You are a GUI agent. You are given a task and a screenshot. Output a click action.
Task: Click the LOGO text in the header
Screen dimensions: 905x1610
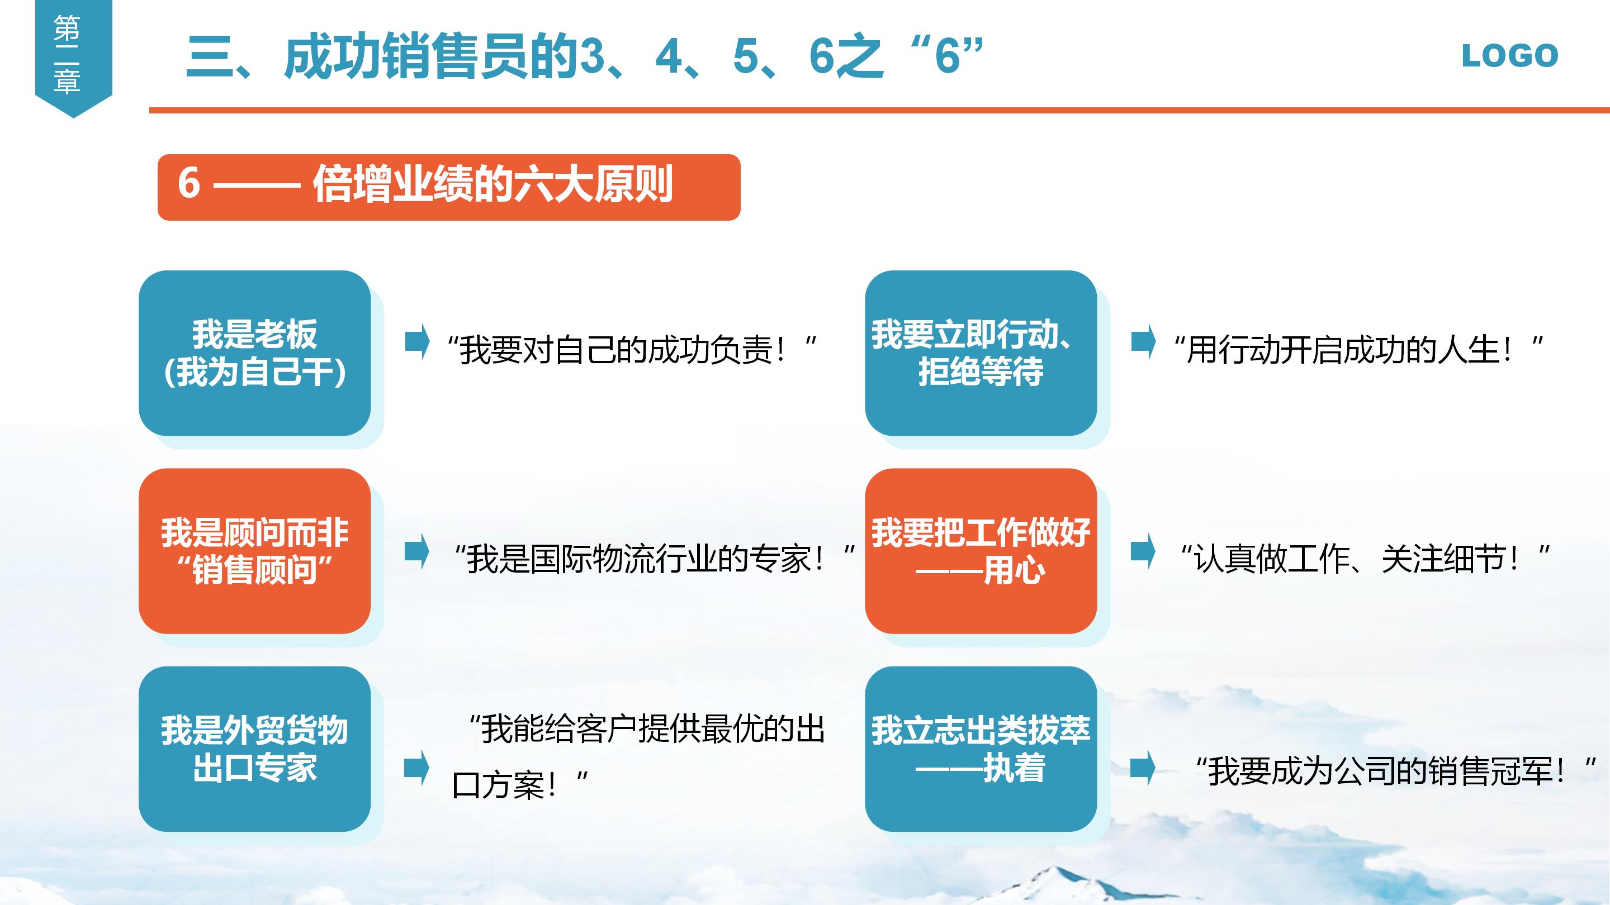coord(1509,56)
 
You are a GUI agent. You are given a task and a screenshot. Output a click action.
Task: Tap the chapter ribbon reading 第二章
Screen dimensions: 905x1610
coord(68,55)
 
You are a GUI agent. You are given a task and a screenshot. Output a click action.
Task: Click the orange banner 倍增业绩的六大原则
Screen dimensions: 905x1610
coord(449,187)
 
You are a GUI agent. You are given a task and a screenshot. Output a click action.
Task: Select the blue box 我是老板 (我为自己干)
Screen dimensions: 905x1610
coord(254,353)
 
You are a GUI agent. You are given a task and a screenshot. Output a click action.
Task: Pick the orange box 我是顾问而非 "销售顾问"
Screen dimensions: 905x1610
coord(254,551)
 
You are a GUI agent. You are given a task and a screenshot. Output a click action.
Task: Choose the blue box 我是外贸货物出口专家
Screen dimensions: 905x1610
coord(254,749)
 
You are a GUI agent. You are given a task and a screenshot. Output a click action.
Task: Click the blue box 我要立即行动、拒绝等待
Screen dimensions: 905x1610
coord(981,353)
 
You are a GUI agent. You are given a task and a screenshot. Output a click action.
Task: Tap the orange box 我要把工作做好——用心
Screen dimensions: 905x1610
coord(981,551)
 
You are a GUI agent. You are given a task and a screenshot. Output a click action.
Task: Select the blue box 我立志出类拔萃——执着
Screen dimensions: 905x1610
coord(981,749)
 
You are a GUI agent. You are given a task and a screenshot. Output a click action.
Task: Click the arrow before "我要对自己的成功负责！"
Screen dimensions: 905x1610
coord(417,342)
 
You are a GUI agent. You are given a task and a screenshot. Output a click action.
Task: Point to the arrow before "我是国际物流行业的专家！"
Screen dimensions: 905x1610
coord(417,551)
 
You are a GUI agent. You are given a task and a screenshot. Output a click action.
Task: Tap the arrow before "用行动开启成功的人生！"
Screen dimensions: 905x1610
coord(1143,342)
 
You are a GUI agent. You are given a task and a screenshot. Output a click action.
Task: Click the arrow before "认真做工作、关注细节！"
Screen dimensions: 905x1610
coord(1143,551)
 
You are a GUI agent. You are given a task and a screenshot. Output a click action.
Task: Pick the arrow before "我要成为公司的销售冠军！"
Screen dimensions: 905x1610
coord(1143,767)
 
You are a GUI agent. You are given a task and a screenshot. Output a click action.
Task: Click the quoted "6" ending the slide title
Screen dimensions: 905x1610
coord(948,56)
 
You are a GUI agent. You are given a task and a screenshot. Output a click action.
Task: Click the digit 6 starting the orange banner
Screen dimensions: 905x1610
coord(189,184)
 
